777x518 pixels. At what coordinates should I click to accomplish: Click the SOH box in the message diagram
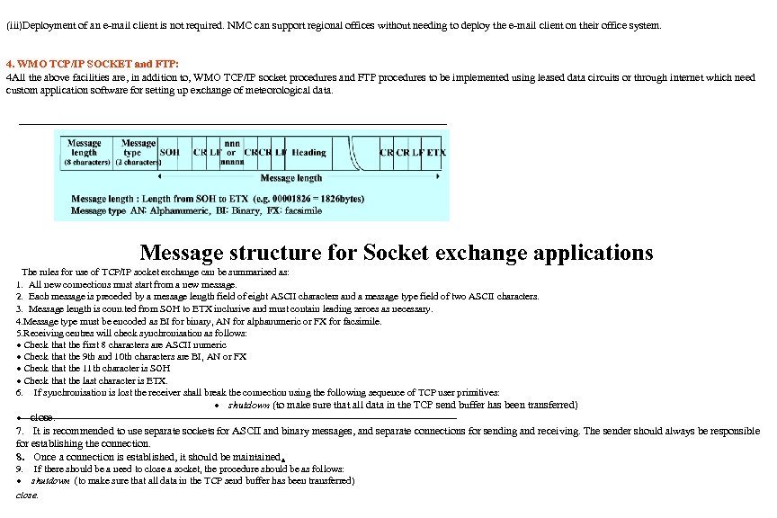169,153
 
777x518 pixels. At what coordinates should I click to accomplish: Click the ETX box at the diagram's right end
435,153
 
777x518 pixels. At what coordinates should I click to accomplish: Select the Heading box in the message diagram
308,153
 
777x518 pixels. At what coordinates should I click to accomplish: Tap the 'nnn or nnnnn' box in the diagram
231,153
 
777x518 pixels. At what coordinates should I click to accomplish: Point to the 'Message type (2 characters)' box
138,153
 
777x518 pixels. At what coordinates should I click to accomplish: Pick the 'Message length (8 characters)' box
86,153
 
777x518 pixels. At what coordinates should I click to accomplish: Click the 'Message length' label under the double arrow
285,178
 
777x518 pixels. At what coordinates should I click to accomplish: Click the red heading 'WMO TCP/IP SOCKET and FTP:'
93,65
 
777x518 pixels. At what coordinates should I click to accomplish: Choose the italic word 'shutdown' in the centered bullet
248,405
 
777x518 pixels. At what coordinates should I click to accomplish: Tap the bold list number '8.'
21,457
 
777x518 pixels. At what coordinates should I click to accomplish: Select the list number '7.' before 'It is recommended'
21,432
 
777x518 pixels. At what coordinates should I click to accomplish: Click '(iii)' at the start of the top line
13,25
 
